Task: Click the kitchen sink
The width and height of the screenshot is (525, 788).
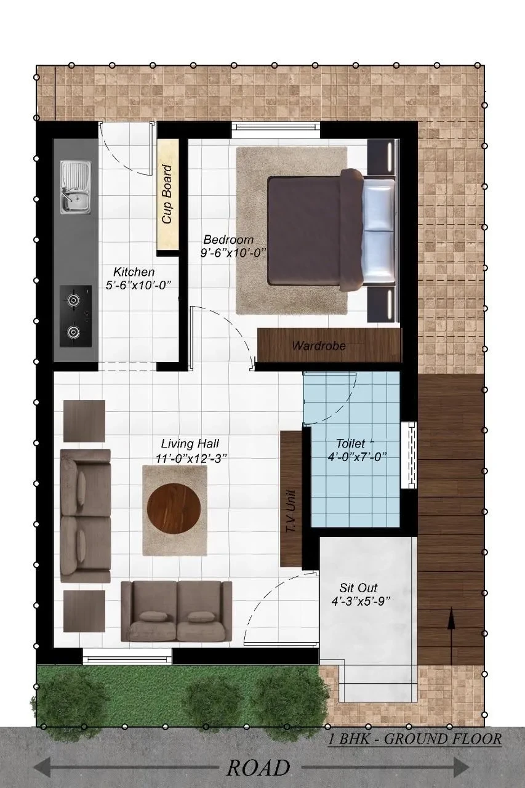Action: tap(76, 188)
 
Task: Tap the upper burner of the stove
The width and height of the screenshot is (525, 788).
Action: tap(73, 300)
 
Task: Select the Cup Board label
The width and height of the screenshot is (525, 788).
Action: tap(167, 194)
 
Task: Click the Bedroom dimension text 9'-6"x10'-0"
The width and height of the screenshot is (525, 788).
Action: tap(232, 253)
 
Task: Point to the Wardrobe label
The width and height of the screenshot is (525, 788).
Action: tap(319, 346)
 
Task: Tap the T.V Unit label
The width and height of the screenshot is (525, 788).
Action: tap(291, 513)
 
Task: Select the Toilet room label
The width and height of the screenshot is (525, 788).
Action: tap(351, 443)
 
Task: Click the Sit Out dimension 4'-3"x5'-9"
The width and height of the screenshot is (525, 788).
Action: tap(361, 601)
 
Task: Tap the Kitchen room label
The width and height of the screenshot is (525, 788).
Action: tap(134, 272)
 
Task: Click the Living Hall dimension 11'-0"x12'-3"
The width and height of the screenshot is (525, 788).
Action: tap(191, 459)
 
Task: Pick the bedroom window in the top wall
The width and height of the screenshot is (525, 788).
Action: tap(276, 130)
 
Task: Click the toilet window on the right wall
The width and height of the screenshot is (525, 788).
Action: tap(409, 455)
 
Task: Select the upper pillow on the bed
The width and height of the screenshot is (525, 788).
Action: tap(378, 204)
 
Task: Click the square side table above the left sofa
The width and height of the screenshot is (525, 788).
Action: tap(84, 420)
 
